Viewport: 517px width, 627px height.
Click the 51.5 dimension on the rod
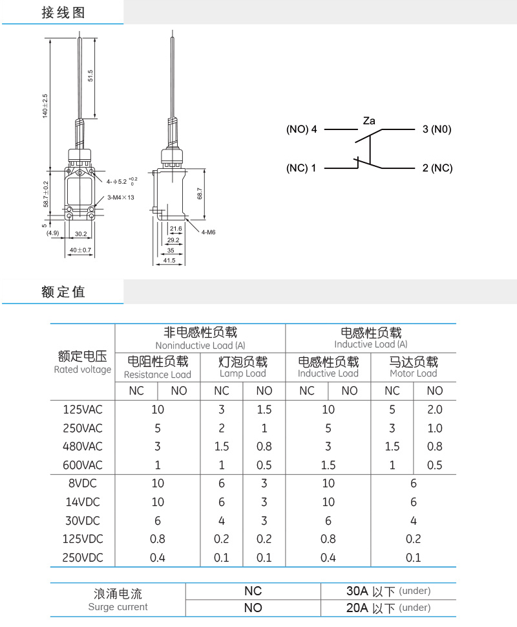90,76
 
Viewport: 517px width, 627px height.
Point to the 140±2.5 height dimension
45,106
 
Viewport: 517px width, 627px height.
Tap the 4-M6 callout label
208,232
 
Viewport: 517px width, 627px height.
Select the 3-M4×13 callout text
121,197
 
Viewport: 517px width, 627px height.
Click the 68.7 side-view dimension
200,193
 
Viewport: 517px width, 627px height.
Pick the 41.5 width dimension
169,260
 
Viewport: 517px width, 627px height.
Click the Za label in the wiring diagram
369,121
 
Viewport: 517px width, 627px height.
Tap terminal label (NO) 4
301,129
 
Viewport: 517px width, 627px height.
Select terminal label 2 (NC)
438,168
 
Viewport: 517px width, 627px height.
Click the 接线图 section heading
63,12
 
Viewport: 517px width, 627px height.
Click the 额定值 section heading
63,292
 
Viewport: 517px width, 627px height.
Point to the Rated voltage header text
83,369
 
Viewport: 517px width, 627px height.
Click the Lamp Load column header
243,373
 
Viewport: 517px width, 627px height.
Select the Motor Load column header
414,373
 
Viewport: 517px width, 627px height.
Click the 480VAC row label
83,446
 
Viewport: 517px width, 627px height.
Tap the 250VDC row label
83,557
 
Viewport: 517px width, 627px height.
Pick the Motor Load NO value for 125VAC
435,410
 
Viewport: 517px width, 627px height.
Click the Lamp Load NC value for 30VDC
222,521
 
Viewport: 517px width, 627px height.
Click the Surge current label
118,607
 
